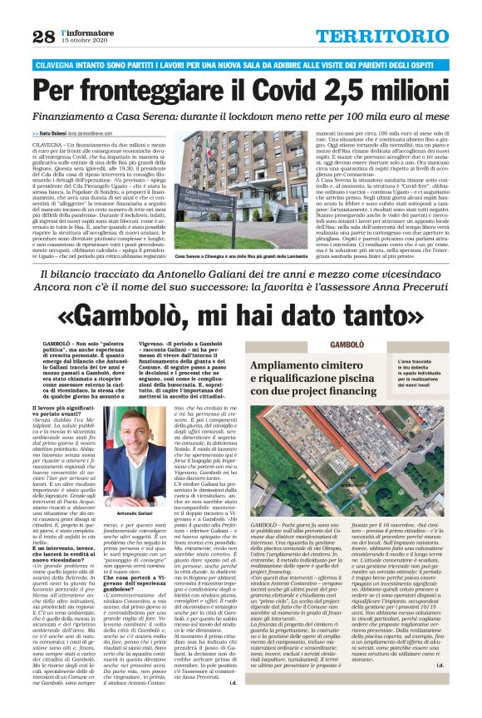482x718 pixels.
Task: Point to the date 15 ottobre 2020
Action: click(86, 41)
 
